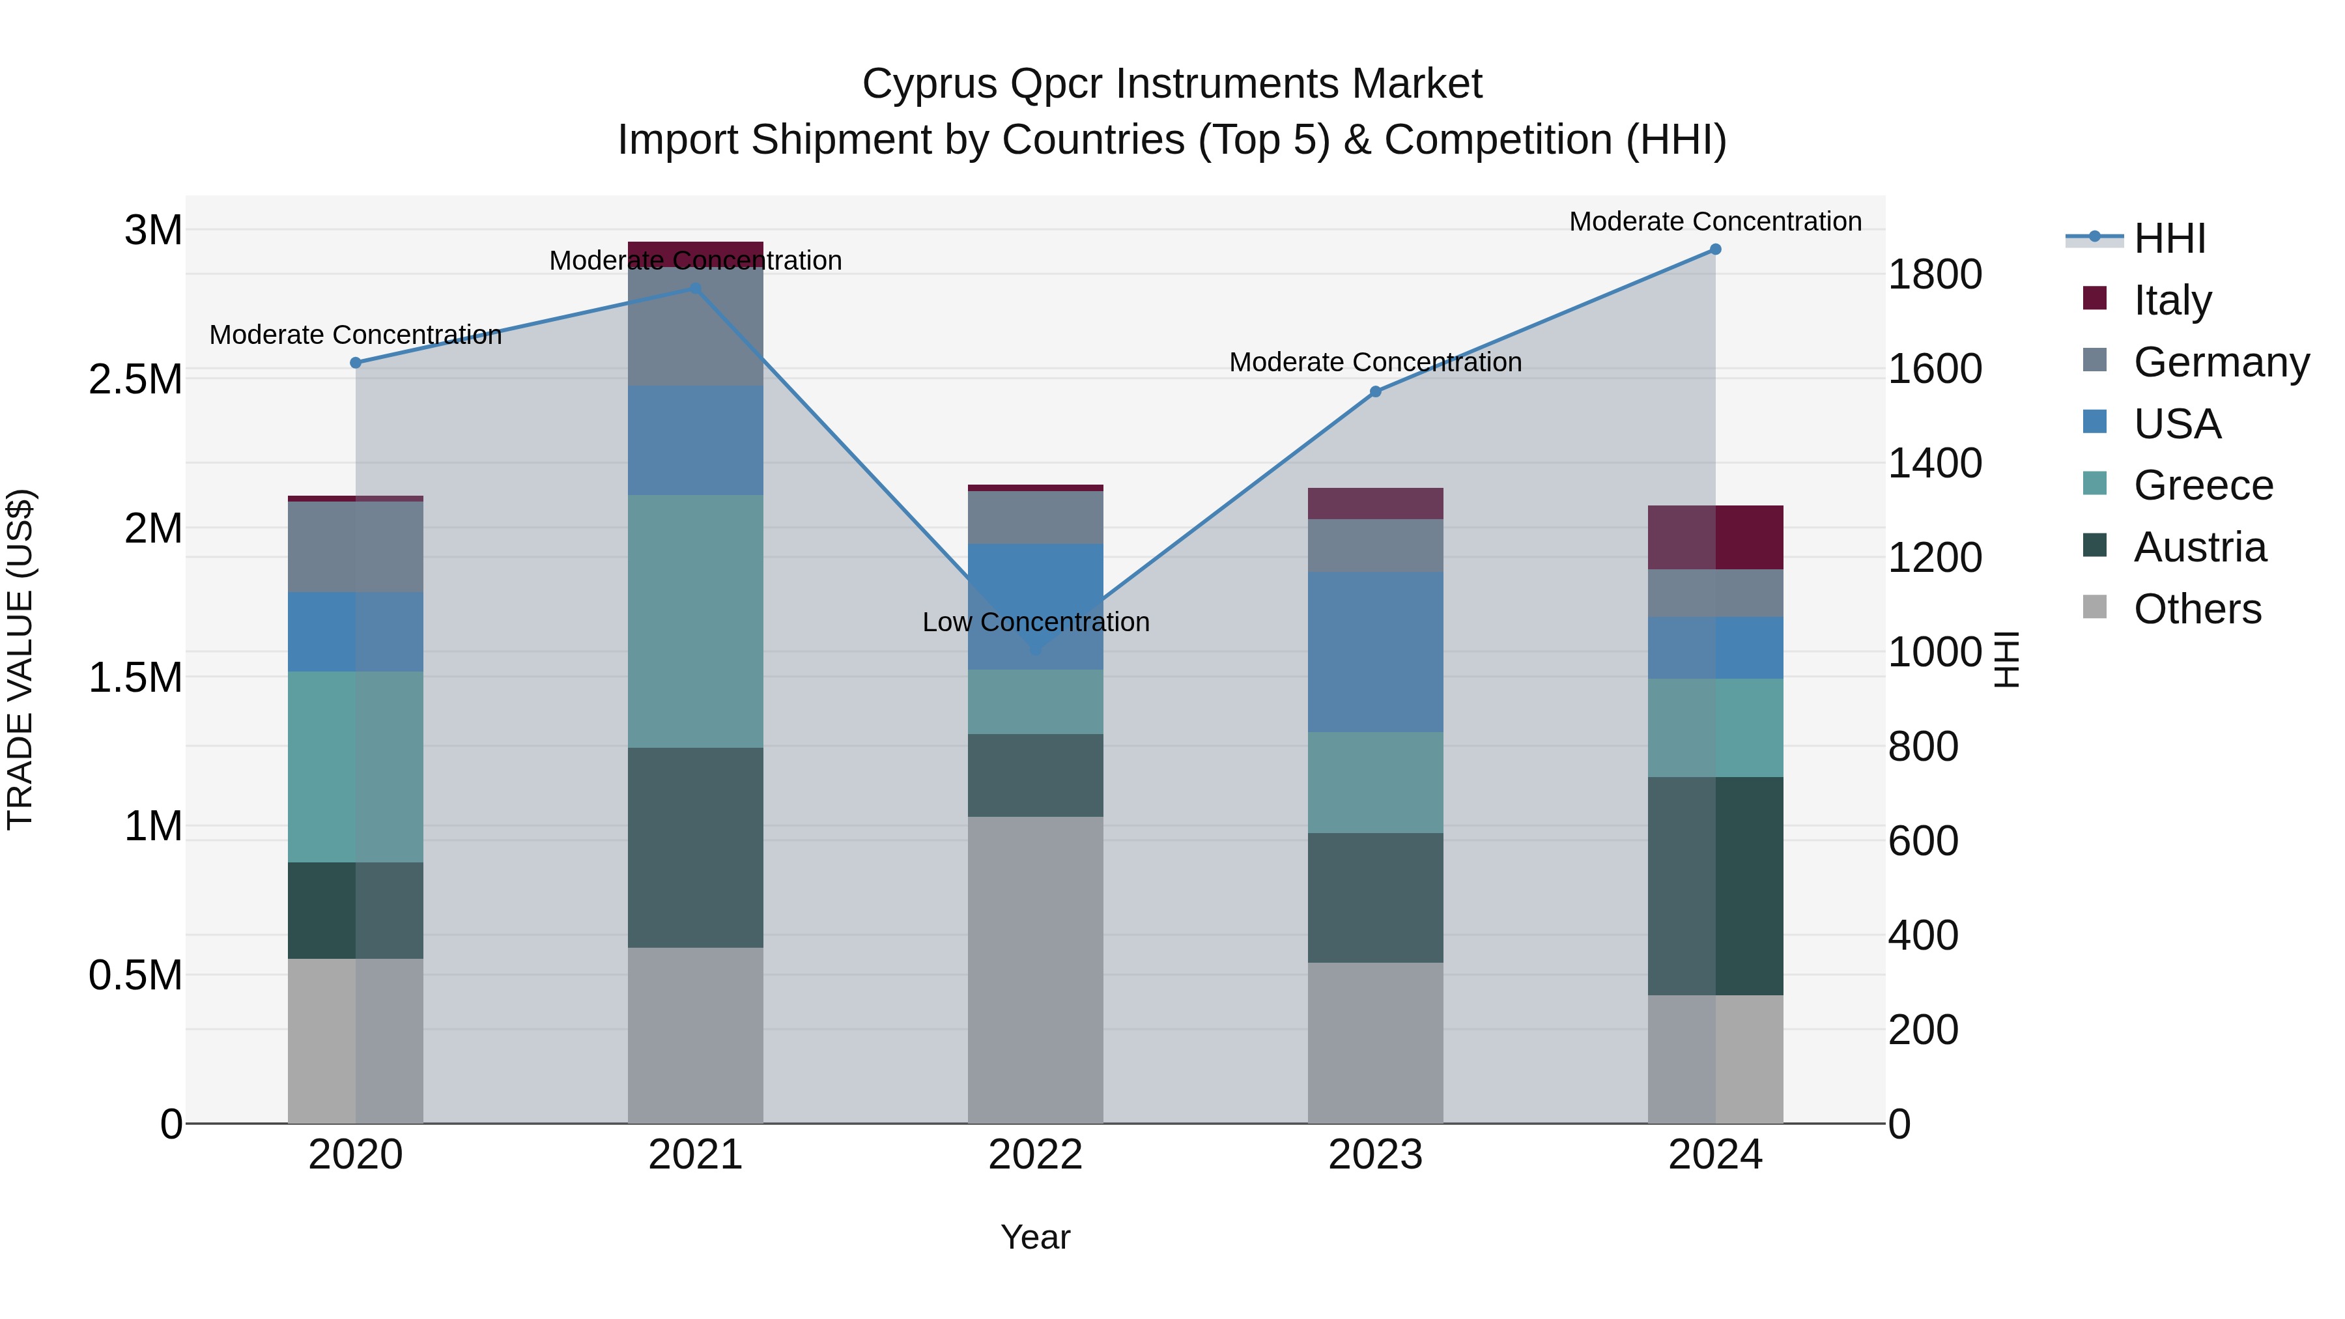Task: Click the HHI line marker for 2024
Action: pos(1715,249)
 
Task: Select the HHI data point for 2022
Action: pos(1035,651)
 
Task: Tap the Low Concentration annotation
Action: pos(1035,623)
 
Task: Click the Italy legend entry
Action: pos(2171,300)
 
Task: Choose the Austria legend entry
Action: pos(2198,547)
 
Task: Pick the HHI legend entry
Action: pos(2168,238)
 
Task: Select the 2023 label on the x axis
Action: pos(1374,1155)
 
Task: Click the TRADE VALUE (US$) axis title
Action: pos(20,659)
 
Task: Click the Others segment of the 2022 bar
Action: pos(1035,969)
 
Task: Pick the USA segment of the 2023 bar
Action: pos(1374,652)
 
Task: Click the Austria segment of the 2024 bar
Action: pos(1715,886)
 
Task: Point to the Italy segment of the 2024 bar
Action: pos(1715,537)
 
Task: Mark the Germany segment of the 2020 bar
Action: pos(355,546)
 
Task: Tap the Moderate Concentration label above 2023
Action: pos(1374,362)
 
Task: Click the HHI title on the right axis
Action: pos(2006,659)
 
